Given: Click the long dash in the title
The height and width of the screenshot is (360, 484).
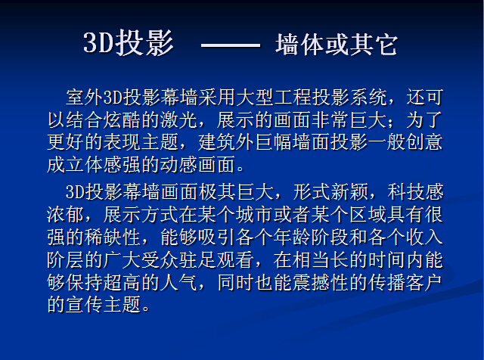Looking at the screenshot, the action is tap(230, 45).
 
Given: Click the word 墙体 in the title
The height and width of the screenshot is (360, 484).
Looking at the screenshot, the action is tap(299, 45).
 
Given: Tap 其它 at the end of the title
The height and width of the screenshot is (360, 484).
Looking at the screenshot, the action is tap(374, 45).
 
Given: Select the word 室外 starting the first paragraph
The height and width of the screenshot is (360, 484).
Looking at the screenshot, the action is tap(84, 98).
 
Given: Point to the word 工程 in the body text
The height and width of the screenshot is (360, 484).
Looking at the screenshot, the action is tap(292, 98).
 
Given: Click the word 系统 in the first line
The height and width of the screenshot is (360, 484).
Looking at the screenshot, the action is tap(368, 98).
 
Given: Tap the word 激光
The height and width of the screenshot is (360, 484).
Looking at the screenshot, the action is tap(178, 119).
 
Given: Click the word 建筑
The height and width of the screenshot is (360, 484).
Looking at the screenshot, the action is tap(216, 142).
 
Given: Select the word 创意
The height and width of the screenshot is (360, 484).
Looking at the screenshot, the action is tap(424, 142).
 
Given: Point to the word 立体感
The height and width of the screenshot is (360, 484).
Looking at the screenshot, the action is tap(94, 165).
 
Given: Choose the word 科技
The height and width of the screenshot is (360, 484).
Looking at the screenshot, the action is tap(406, 192).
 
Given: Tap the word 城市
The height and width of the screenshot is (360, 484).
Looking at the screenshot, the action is tap(254, 215).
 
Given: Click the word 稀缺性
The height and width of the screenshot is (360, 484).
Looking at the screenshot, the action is tap(113, 237).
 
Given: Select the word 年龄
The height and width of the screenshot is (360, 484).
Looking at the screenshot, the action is tap(292, 237).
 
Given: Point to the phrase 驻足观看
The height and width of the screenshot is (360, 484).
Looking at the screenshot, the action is tap(216, 259).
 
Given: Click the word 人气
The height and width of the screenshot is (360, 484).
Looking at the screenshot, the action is tap(178, 282).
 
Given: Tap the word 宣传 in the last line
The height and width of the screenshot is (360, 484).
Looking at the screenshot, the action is tap(84, 305).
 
